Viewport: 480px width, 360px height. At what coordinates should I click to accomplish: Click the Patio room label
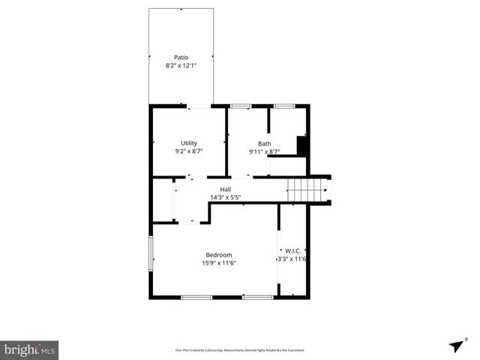[x=181, y=57]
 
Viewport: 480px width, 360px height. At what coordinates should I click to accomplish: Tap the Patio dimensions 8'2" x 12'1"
[x=181, y=66]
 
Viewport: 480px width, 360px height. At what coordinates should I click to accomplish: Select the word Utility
[x=188, y=143]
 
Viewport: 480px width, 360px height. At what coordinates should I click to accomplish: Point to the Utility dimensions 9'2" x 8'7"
[x=188, y=151]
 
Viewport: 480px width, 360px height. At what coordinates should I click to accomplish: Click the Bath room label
[x=265, y=144]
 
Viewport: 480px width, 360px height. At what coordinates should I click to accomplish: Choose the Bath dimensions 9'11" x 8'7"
[x=265, y=152]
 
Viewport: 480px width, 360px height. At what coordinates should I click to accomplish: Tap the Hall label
[x=225, y=189]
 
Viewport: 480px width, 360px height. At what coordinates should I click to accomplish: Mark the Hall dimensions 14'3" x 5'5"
[x=225, y=197]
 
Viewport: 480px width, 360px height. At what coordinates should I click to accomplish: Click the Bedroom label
[x=219, y=255]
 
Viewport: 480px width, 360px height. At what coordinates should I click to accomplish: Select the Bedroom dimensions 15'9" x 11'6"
[x=219, y=263]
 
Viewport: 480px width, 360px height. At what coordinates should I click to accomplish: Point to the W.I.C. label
[x=292, y=251]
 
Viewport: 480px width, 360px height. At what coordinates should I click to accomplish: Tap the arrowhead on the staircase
[x=326, y=190]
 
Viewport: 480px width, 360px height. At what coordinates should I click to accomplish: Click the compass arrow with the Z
[x=457, y=344]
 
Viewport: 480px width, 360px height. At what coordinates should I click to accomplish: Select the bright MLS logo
[x=29, y=349]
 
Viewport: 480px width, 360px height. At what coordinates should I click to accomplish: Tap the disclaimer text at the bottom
[x=240, y=349]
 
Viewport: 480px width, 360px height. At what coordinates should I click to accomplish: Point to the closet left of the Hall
[x=163, y=200]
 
